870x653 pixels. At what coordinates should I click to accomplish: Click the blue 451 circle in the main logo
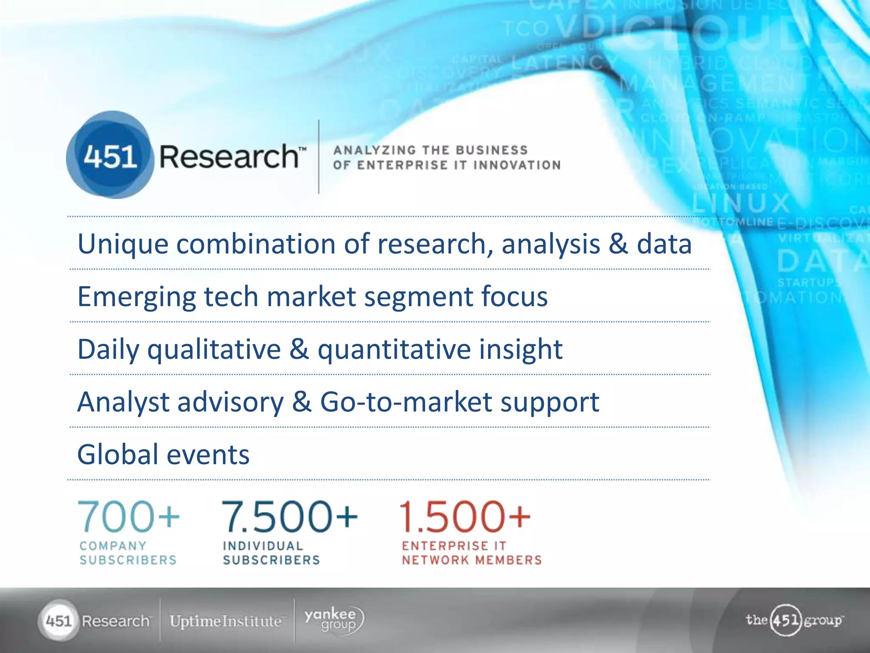(x=110, y=156)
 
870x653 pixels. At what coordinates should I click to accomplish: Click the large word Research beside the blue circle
(x=229, y=156)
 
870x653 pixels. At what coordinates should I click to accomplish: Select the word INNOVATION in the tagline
(x=517, y=165)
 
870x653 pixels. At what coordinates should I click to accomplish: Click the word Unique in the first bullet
(x=122, y=244)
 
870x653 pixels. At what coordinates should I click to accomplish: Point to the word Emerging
(x=136, y=297)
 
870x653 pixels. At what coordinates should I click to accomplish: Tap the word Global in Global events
(x=118, y=454)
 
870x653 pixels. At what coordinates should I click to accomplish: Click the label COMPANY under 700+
(x=113, y=546)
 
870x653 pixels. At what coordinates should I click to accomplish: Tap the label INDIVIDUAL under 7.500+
(x=263, y=546)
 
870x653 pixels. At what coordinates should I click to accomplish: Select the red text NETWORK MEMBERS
(x=472, y=560)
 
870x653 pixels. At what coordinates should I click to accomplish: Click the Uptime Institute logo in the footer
(x=226, y=621)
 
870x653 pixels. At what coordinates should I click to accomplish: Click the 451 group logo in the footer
(x=794, y=620)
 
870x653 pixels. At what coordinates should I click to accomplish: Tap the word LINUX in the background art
(x=741, y=203)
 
